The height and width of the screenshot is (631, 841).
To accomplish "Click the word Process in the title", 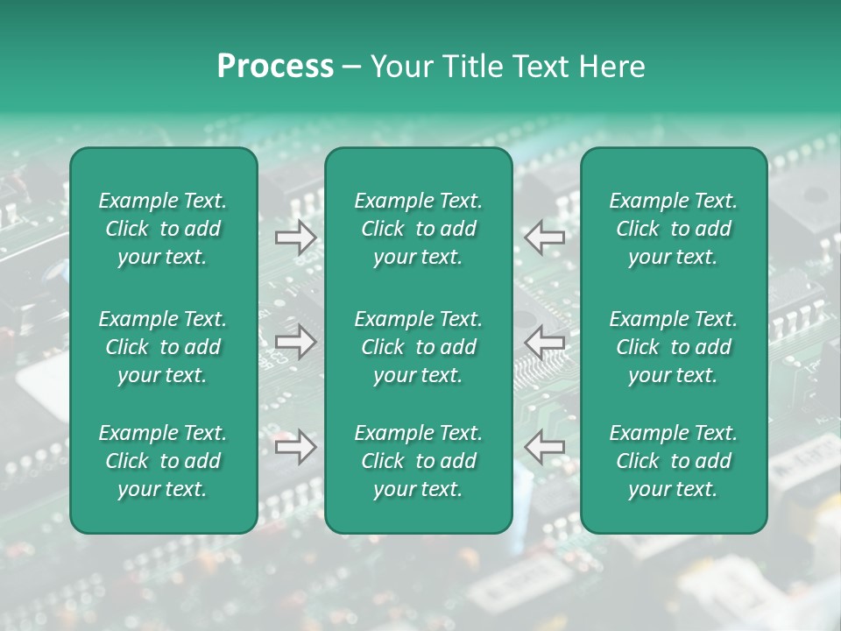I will [x=275, y=67].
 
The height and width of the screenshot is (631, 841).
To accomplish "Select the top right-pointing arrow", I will [x=295, y=238].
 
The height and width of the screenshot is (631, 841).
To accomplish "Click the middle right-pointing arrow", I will [x=295, y=342].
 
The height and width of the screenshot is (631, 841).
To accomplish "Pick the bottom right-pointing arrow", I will [x=295, y=447].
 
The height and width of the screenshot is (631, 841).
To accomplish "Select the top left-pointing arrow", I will [x=545, y=237].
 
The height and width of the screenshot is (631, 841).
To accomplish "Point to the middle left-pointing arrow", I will [x=545, y=342].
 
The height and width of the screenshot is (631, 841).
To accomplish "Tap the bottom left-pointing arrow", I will [x=545, y=447].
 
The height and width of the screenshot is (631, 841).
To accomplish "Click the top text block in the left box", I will [x=163, y=229].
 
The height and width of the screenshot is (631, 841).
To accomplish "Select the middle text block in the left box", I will [x=163, y=347].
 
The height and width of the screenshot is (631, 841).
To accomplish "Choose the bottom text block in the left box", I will [x=163, y=461].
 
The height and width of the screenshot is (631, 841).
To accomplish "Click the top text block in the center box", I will [x=418, y=229].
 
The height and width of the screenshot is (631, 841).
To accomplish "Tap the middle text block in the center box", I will [x=418, y=347].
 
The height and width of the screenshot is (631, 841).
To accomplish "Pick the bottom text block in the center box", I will [x=418, y=461].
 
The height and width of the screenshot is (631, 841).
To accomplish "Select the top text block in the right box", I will [x=673, y=229].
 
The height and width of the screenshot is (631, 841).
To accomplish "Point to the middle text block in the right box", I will [x=673, y=347].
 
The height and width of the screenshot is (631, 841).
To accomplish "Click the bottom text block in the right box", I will [x=673, y=461].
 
